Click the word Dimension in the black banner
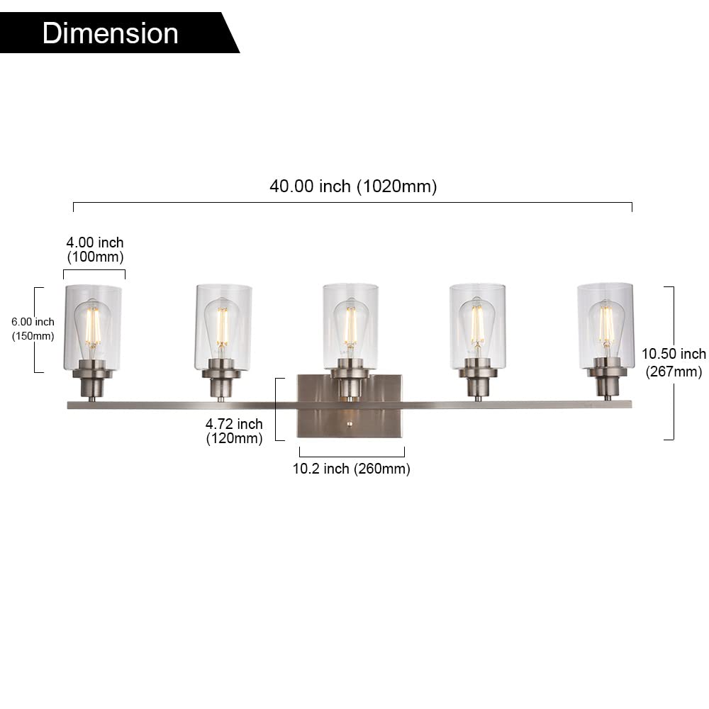[x=110, y=33]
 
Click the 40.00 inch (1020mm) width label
[x=352, y=186]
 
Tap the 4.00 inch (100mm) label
[x=95, y=250]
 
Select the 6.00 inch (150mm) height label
[x=33, y=329]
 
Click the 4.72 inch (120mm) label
[x=234, y=431]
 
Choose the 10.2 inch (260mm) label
[x=351, y=469]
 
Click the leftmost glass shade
[x=93, y=326]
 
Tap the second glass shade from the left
[x=223, y=326]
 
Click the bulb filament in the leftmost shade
[x=93, y=326]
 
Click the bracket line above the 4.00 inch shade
[x=94, y=270]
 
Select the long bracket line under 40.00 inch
[x=352, y=203]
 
